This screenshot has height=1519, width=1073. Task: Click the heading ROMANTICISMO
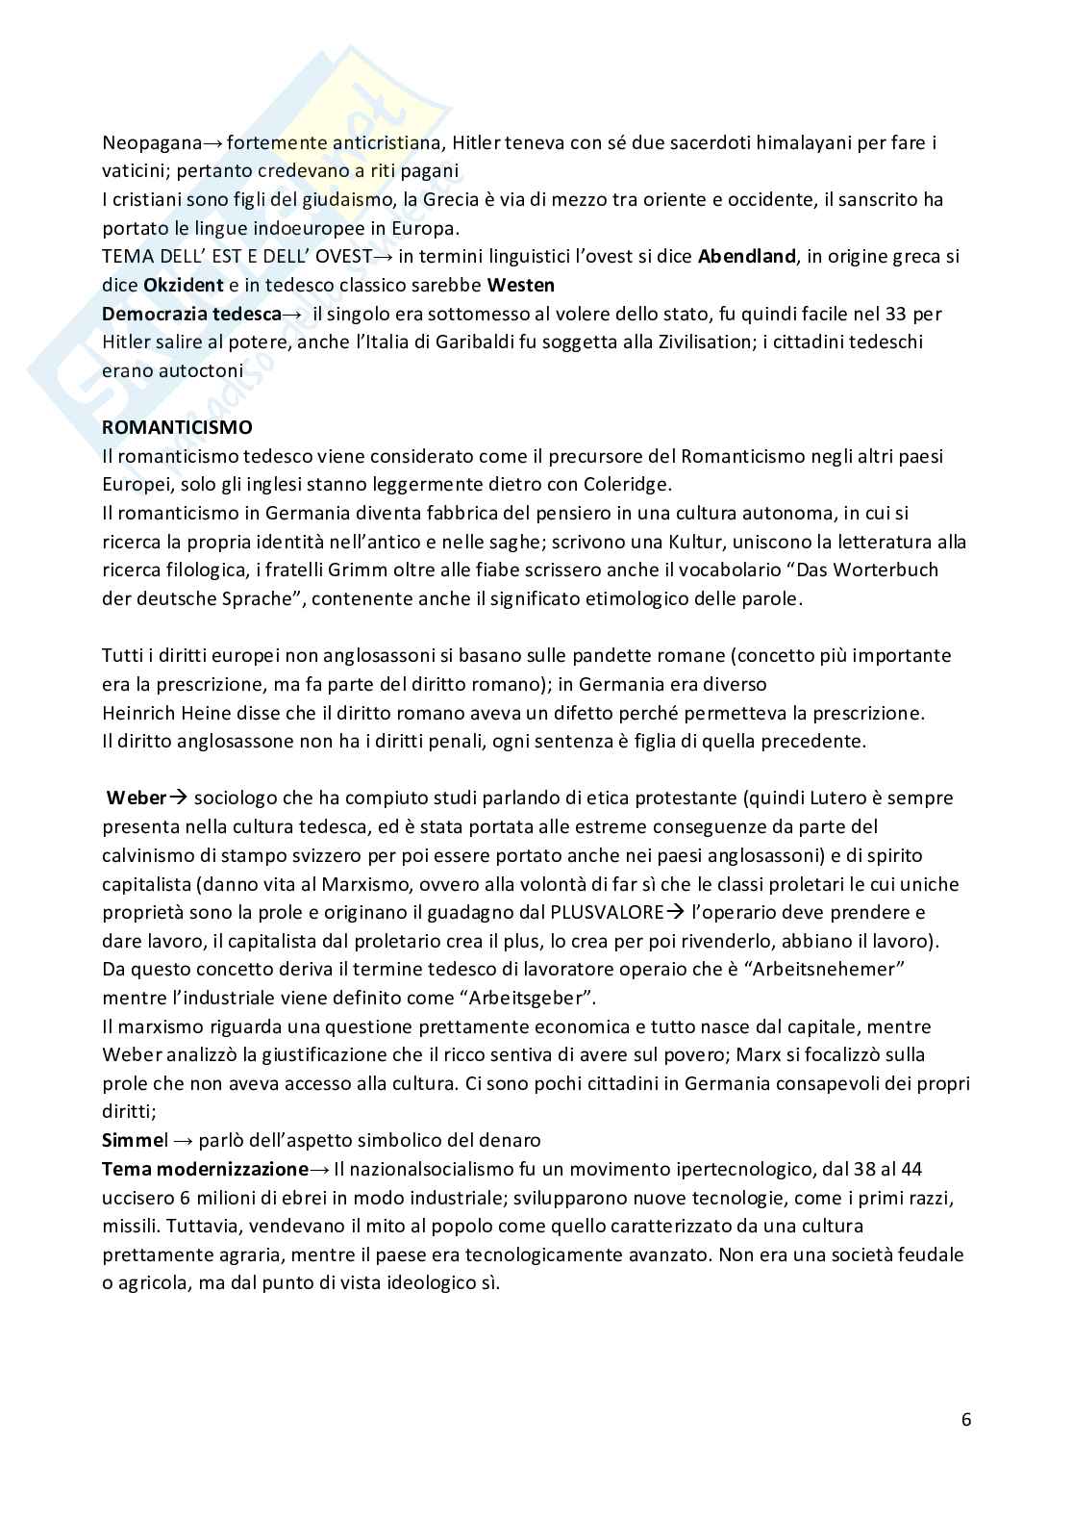click(177, 427)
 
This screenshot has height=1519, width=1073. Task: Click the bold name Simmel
click(135, 1140)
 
